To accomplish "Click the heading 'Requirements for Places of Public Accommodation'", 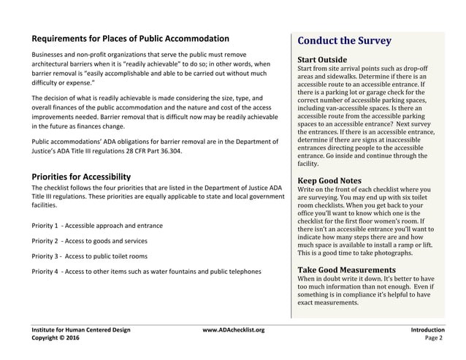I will pos(130,39).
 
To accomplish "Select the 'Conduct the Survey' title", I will pos(345,41).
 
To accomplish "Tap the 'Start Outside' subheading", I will pos(323,59).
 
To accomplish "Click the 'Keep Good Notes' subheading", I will pos(329,180).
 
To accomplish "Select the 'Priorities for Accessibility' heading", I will pos(81,177).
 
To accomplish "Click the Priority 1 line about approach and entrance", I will pos(96,226).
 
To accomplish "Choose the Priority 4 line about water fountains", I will pos(145,272).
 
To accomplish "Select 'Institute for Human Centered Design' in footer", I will pos(80,330).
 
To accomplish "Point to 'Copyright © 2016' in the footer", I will pos(56,339).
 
